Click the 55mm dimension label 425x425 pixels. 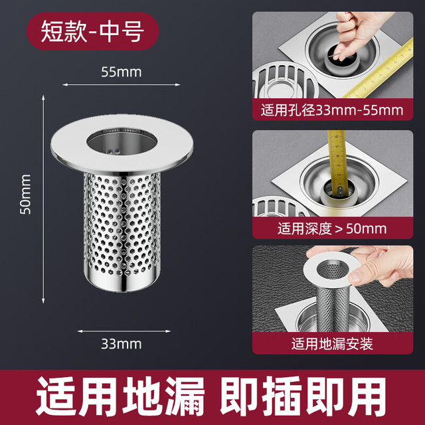(121, 72)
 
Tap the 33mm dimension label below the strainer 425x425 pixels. (121, 344)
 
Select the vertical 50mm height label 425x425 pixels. (25, 195)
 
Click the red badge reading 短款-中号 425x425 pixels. (92, 31)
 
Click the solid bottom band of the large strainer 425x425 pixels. (122, 282)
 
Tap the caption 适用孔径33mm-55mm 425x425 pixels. (332, 110)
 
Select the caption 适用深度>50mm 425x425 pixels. (332, 228)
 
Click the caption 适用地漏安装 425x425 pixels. (332, 344)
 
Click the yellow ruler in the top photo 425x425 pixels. (379, 71)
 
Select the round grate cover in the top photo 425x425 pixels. (285, 80)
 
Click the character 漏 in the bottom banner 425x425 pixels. (185, 396)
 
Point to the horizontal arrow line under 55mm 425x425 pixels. (121, 85)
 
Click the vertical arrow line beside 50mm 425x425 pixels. (43, 199)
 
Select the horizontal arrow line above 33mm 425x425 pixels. (124, 331)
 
